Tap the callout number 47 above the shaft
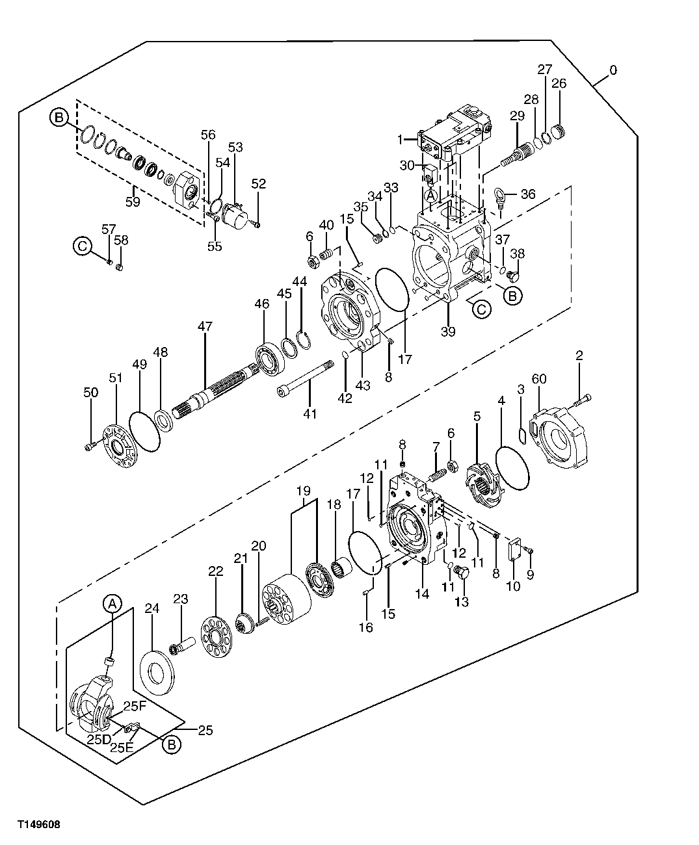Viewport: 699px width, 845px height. (x=205, y=327)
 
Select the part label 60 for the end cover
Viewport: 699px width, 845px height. (x=539, y=379)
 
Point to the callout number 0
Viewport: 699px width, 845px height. (x=613, y=69)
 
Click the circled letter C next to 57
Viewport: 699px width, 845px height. (x=81, y=246)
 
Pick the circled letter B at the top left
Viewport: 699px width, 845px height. (x=59, y=118)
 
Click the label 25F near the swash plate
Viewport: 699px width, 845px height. (x=135, y=707)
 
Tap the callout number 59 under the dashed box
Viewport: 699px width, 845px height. (x=133, y=201)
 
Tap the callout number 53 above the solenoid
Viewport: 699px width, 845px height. (x=235, y=148)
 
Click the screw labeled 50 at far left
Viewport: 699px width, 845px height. (x=90, y=446)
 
